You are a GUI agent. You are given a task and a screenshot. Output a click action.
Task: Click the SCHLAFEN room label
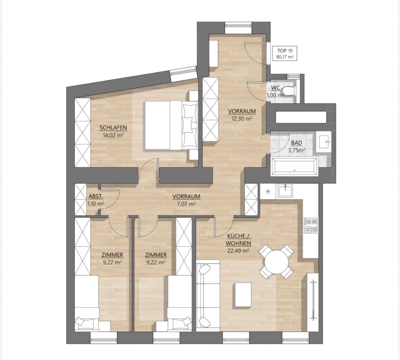pos(113,128)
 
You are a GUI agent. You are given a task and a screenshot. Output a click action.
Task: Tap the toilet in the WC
pos(290,91)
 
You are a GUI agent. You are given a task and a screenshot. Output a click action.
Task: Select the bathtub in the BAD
pos(295,167)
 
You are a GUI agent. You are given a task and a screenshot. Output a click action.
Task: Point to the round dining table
pos(276,262)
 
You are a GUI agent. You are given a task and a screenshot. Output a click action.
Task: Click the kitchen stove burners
pos(311,225)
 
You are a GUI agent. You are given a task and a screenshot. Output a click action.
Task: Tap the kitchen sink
pos(285,190)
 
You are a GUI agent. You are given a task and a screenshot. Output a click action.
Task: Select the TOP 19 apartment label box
pos(285,54)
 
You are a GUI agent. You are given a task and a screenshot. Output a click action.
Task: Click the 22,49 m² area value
pos(238,251)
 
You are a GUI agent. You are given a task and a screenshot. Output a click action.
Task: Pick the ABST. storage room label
pos(96,197)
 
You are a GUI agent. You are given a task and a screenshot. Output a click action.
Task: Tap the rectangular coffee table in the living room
pos(243,294)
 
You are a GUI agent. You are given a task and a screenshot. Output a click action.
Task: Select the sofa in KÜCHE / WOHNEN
pos(208,296)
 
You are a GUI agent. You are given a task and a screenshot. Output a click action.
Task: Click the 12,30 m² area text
pos(242,118)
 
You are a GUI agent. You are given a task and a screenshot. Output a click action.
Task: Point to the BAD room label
pos(297,143)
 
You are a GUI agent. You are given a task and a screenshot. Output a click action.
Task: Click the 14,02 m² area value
pos(113,135)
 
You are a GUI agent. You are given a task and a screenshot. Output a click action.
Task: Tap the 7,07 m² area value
pos(186,204)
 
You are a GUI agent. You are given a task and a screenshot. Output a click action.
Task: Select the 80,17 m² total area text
pos(285,57)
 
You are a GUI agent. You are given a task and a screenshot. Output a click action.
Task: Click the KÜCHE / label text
pos(238,236)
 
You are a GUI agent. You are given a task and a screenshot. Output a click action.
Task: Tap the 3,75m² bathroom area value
pos(297,150)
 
